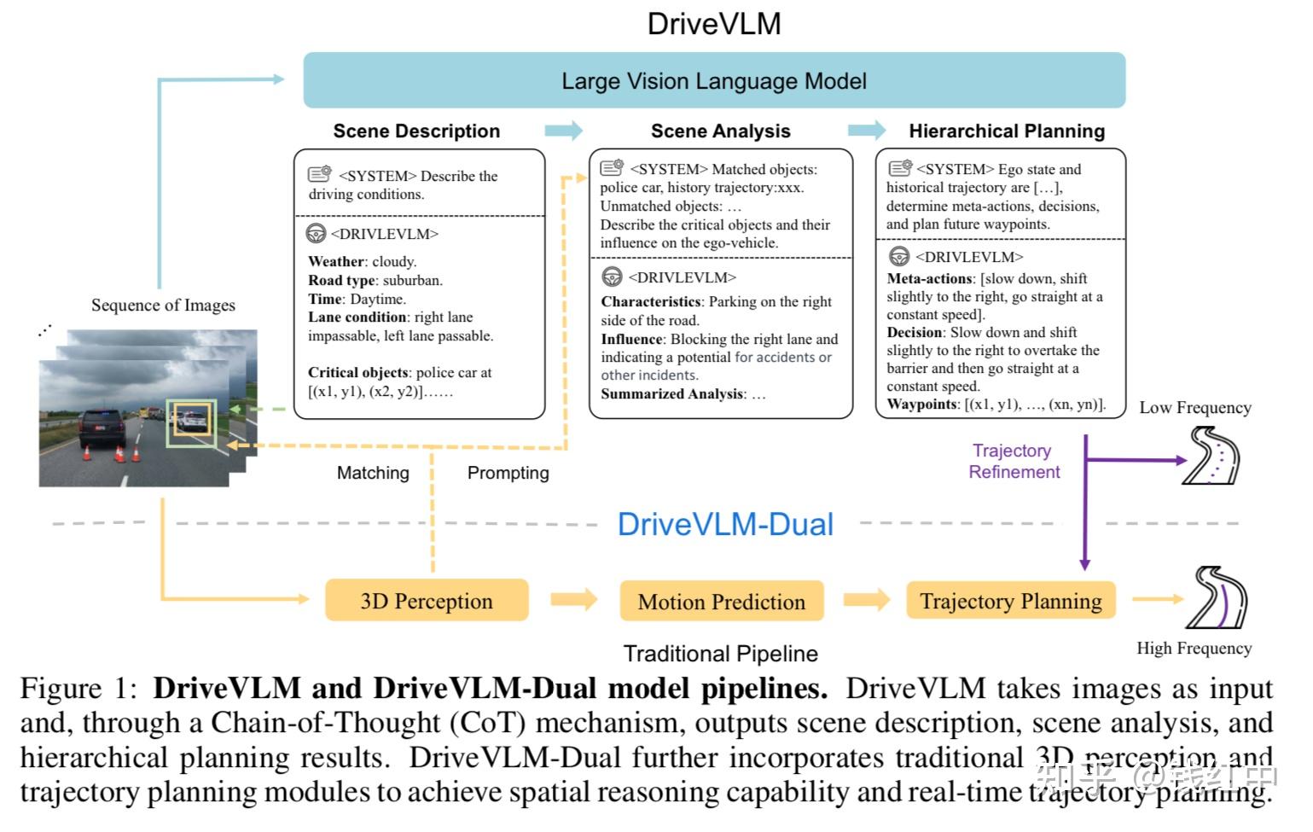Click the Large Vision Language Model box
(714, 80)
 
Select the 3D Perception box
(427, 601)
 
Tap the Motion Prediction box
(721, 602)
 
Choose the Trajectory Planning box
(1010, 601)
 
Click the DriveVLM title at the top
(714, 23)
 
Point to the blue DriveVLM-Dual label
(725, 524)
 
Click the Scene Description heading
(416, 131)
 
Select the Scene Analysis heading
(720, 131)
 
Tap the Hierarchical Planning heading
(1007, 131)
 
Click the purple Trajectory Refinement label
(1014, 461)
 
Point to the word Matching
(373, 473)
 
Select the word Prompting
(508, 473)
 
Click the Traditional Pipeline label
(720, 654)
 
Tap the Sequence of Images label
(163, 305)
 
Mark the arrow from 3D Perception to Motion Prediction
(573, 599)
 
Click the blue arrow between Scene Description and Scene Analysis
(564, 131)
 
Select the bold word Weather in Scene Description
(336, 261)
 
